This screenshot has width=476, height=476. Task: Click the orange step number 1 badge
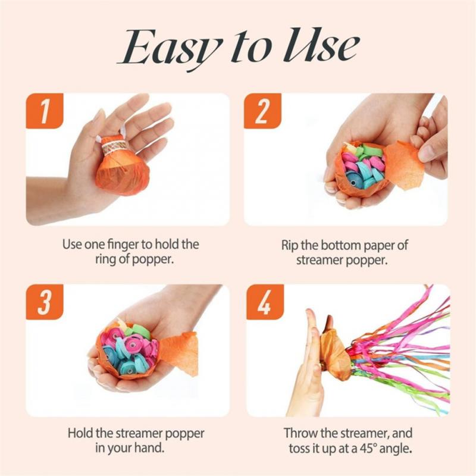tap(45, 112)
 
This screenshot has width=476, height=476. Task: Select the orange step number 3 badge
tap(45, 303)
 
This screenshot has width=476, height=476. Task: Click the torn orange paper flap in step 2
tap(405, 167)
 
